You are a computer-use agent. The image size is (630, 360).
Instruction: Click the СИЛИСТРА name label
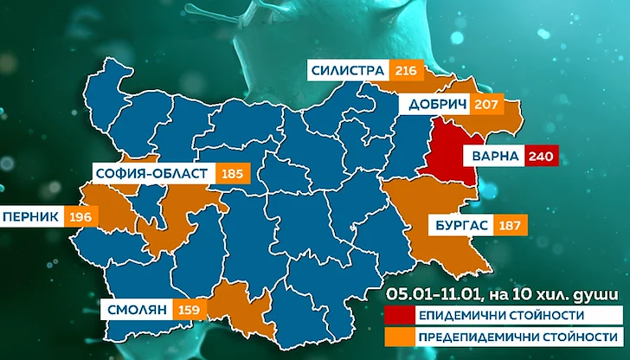(347, 70)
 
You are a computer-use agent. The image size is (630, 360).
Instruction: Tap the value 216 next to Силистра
(403, 70)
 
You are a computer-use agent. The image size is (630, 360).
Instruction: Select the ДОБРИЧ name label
(434, 106)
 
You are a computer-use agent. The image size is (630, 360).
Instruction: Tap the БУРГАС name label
(457, 227)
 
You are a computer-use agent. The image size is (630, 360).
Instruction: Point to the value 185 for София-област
(232, 174)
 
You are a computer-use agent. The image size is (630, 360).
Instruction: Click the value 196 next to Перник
(80, 215)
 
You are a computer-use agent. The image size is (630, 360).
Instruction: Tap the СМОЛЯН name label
(137, 307)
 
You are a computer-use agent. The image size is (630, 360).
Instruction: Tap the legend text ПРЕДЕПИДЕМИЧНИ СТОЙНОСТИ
(517, 334)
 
